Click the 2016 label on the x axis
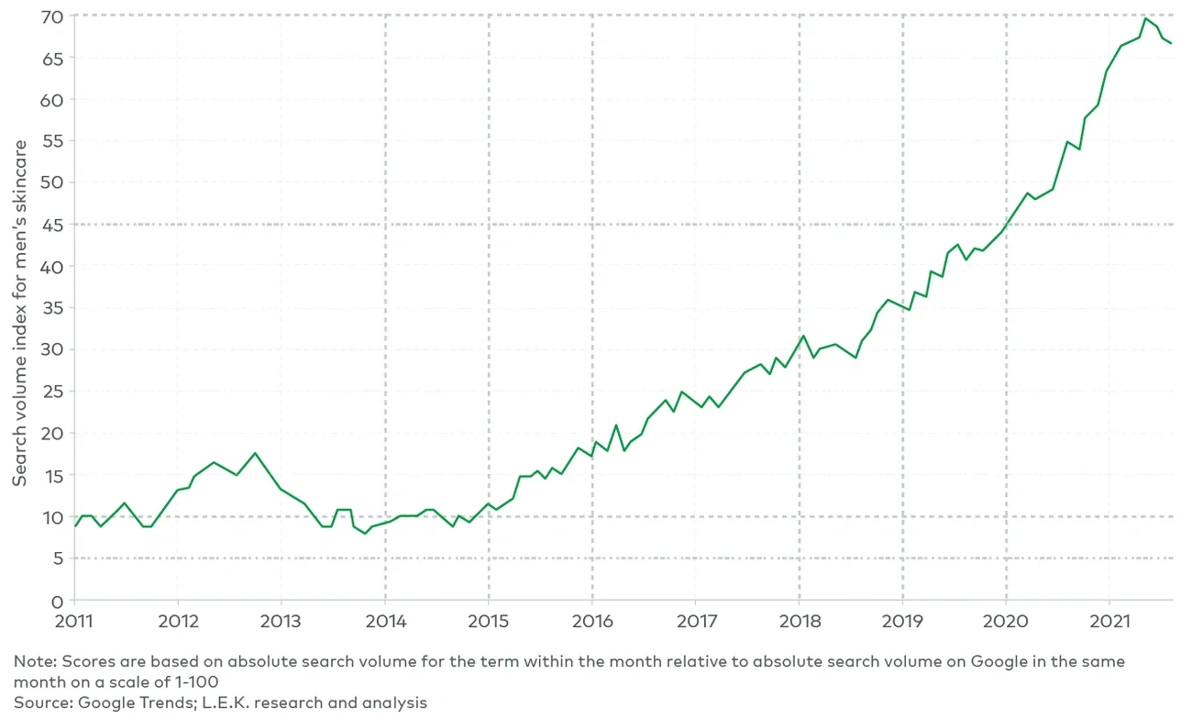591,621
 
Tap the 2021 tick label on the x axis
1109,621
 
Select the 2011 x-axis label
74,621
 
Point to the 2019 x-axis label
902,621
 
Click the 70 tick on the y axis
52,17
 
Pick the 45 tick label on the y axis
52,225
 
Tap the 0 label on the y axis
57,601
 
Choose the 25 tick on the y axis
52,392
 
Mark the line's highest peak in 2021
1146,18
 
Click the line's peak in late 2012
255,453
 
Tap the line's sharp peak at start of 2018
803,336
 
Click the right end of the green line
1171,43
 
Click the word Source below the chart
39,703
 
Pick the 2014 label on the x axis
384,621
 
